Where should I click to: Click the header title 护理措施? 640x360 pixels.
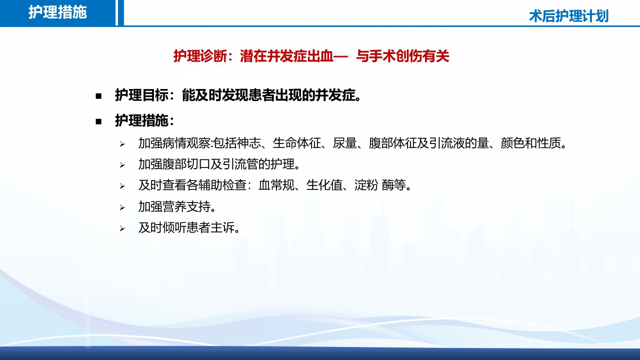pyautogui.click(x=57, y=12)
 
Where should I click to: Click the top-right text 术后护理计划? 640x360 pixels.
pyautogui.click(x=568, y=16)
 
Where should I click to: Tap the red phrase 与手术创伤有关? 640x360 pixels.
pyautogui.click(x=402, y=56)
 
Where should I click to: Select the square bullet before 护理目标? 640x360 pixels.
pyautogui.click(x=98, y=95)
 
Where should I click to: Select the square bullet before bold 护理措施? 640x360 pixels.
pyautogui.click(x=98, y=121)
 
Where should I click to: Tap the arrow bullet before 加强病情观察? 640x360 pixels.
pyautogui.click(x=121, y=144)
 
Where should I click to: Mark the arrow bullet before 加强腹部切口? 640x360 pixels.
pyautogui.click(x=121, y=165)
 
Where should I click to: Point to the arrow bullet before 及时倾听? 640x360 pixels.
pyautogui.click(x=121, y=228)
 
